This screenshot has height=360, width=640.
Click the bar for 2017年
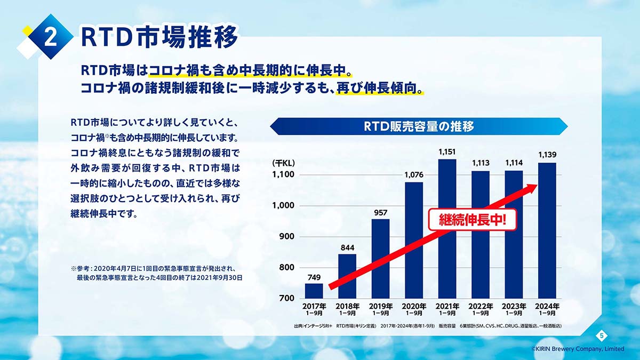click(314, 291)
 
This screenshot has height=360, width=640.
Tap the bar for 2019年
click(380, 259)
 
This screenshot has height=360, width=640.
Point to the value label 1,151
click(447, 152)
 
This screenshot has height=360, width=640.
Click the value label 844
click(347, 247)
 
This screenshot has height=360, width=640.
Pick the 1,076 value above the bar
click(413, 175)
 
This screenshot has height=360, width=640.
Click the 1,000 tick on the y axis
click(283, 206)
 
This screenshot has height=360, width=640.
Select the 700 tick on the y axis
click(286, 298)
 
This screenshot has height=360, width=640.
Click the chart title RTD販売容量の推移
click(419, 127)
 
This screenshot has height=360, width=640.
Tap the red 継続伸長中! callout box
click(473, 220)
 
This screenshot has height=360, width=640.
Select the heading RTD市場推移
click(159, 36)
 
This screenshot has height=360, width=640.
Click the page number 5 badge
click(601, 335)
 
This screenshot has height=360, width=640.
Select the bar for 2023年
click(514, 234)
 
